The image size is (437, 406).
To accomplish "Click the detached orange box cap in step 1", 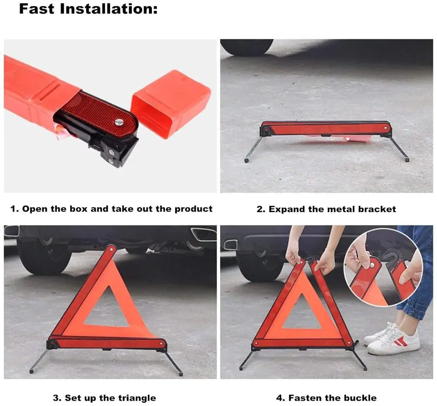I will [x=171, y=104].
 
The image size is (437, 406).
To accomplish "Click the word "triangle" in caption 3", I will [x=137, y=398].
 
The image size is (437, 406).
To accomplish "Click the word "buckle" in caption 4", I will [x=361, y=398].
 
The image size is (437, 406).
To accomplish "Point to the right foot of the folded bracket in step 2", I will [x=407, y=160].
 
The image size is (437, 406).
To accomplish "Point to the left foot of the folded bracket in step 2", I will [x=247, y=160].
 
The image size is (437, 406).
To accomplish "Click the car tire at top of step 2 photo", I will [x=247, y=47].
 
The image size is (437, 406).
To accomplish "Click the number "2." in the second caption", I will [x=261, y=209].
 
